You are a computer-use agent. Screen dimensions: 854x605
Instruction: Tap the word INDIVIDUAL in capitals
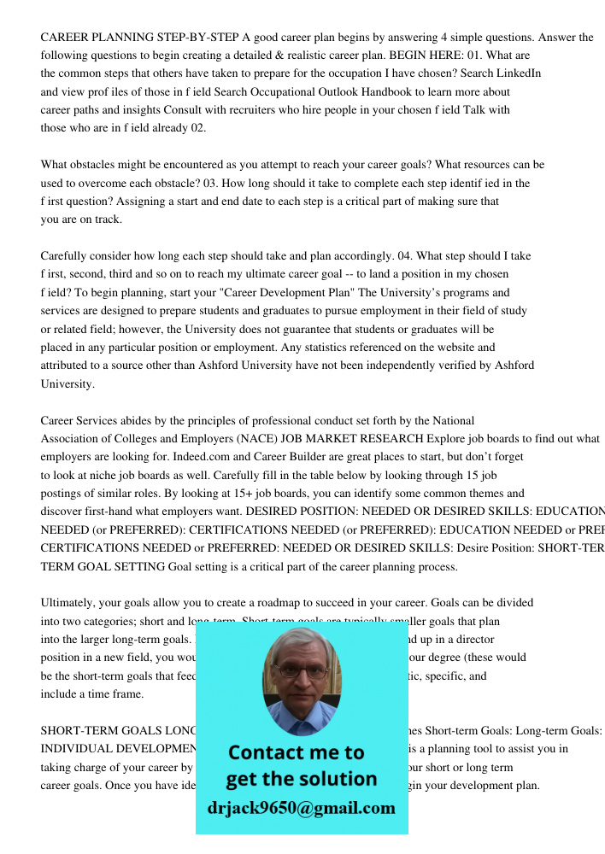click(78, 748)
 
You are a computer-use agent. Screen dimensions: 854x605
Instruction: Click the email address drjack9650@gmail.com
click(301, 807)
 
